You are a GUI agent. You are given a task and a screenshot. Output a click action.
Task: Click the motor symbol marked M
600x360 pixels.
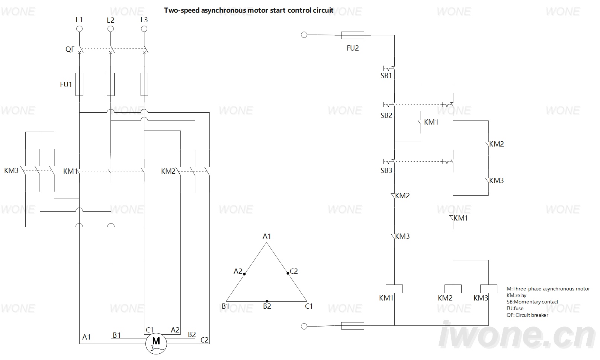pos(156,343)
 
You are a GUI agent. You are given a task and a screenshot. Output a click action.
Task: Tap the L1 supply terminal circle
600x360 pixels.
pos(79,29)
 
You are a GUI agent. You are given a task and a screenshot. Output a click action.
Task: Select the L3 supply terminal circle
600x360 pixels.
pos(144,29)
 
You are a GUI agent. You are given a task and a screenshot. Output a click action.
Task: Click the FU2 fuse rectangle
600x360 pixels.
pos(353,35)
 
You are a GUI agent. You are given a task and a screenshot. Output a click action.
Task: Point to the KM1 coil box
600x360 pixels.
pos(394,289)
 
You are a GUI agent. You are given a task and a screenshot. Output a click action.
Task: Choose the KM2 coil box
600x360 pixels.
pos(453,289)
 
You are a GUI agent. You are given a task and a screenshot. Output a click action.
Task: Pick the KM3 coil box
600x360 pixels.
pos(488,289)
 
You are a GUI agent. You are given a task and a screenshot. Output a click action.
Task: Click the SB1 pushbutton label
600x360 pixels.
pos(386,76)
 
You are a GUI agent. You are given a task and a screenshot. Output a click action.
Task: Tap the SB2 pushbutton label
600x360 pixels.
pos(386,115)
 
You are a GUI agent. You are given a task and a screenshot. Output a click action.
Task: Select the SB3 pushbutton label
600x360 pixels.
pos(386,170)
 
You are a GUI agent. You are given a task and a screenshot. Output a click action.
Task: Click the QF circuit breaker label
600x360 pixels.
pos(70,49)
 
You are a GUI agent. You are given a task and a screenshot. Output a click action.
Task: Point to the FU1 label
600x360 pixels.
pos(66,85)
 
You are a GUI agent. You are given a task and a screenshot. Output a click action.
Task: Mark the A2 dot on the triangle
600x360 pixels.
pos(244,274)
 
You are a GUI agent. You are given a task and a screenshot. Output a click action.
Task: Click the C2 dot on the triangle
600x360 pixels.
pos(288,273)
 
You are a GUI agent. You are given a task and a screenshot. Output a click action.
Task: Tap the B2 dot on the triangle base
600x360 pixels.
pos(267,301)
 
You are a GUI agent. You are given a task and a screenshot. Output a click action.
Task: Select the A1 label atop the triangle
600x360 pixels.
pos(267,236)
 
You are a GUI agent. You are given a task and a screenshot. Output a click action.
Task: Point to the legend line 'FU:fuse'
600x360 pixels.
pos(515,308)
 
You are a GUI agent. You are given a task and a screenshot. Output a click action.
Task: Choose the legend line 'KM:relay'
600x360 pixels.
pos(516,295)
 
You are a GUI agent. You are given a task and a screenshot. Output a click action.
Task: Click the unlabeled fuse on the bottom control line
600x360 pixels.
pos(353,326)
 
